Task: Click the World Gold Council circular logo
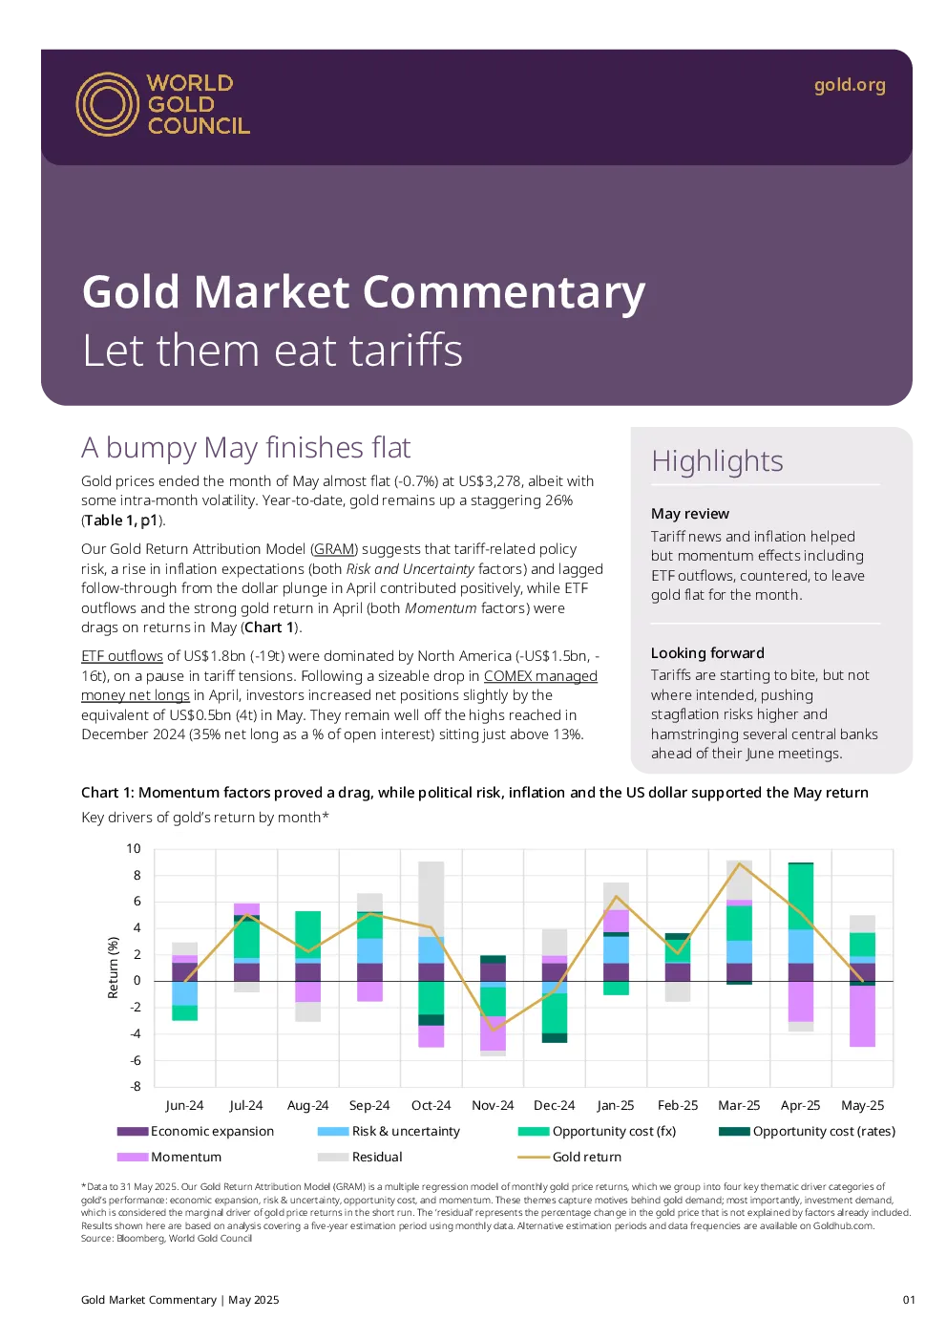pos(108,104)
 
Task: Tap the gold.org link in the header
pos(849,86)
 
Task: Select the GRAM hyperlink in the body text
pos(334,548)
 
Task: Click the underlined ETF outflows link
pos(122,655)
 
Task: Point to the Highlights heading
pos(717,461)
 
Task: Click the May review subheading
pos(690,513)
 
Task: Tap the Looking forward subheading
pos(707,652)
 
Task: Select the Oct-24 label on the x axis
pos(431,1105)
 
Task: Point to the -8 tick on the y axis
pos(136,1086)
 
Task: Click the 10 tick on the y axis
pos(134,848)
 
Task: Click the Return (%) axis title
pos(113,968)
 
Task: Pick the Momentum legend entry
pos(169,1157)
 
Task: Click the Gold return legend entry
pos(570,1157)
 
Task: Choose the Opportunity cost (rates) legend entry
pos(807,1131)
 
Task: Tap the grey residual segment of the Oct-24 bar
pos(431,899)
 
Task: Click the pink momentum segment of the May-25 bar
pos(862,1016)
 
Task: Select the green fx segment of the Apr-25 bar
pos(801,896)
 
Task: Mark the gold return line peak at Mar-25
pos(740,863)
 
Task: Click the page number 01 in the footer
pos(908,1299)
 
